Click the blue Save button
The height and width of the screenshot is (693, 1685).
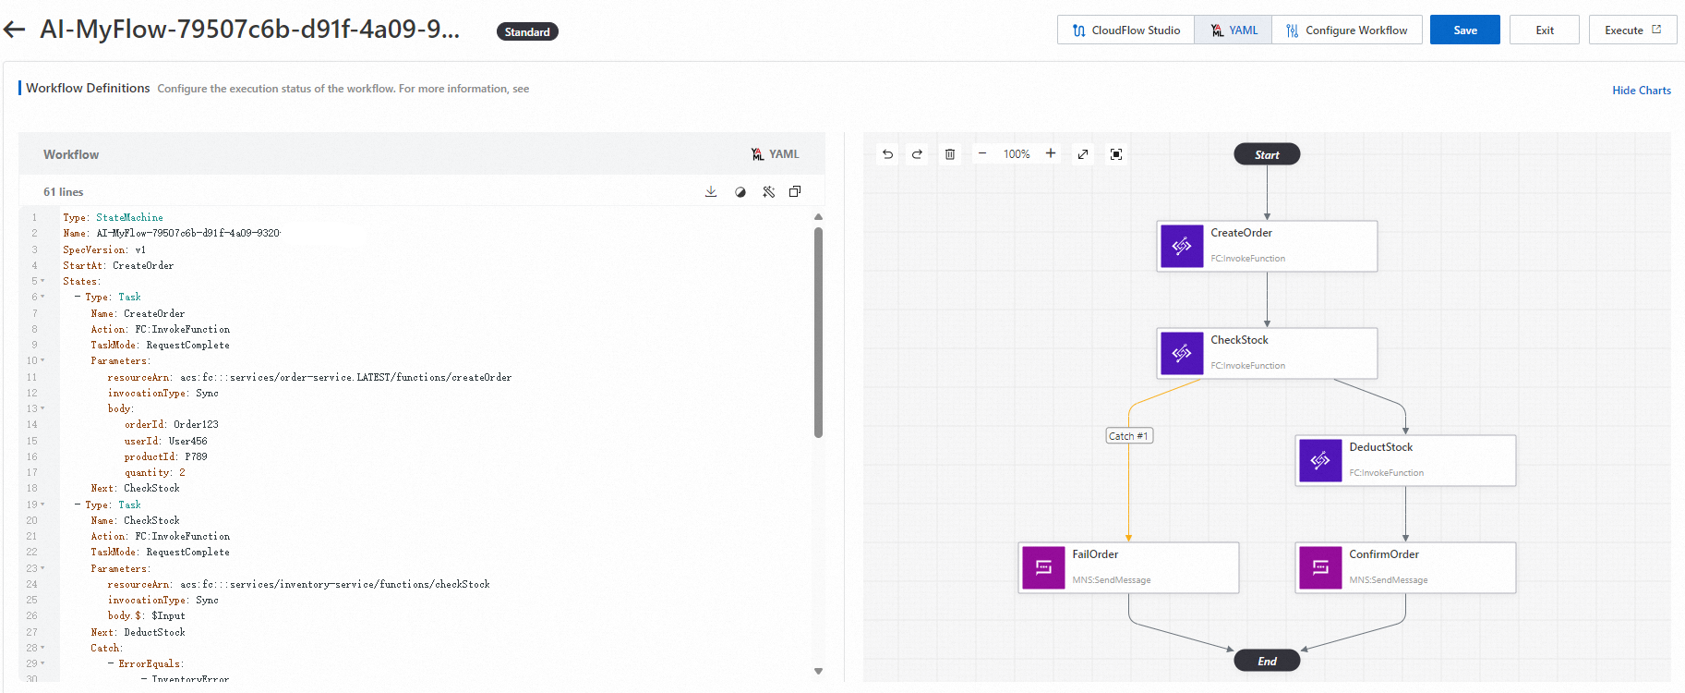tap(1464, 30)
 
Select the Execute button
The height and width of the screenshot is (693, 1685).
tap(1631, 30)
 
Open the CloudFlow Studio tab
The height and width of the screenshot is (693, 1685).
tap(1125, 30)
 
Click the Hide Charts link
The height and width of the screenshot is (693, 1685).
tap(1641, 91)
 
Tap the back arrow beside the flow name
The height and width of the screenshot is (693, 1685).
tap(15, 30)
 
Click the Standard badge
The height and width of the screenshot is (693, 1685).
tap(527, 32)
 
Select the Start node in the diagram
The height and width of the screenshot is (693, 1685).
tap(1267, 154)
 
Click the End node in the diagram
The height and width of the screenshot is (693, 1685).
tap(1267, 661)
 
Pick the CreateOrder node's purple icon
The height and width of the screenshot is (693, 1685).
tap(1182, 246)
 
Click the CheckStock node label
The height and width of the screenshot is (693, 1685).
tap(1239, 340)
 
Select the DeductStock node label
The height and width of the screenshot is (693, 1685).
tap(1380, 447)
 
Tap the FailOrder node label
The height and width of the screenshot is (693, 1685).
tap(1095, 554)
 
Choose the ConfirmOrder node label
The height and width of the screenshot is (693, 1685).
tap(1383, 554)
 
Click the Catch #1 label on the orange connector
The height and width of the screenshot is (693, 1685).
tap(1128, 436)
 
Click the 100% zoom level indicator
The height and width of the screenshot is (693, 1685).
tap(1017, 154)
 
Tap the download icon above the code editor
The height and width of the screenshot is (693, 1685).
tap(711, 192)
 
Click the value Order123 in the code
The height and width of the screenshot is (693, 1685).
tap(196, 425)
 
